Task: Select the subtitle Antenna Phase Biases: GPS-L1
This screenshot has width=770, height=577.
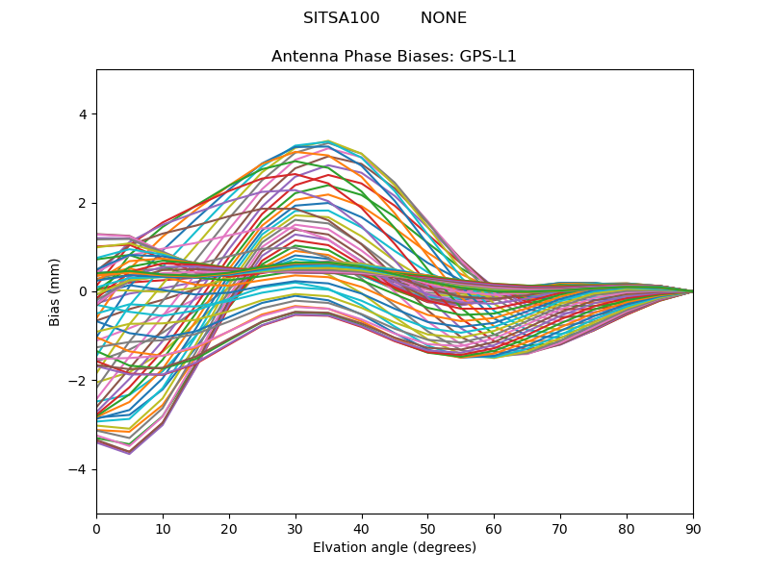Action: coord(394,57)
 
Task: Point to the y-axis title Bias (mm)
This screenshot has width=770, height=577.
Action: coord(56,291)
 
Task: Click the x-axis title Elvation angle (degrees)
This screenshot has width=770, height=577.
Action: coord(395,548)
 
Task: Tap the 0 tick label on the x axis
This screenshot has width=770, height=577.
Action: coord(96,528)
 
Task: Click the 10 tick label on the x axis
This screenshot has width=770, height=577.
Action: coord(163,528)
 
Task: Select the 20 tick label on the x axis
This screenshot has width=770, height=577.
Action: coord(229,528)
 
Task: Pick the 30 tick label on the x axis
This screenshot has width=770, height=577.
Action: coord(295,528)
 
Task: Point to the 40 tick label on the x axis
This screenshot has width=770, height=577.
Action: coord(362,528)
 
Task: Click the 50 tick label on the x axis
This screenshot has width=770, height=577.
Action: coord(427,528)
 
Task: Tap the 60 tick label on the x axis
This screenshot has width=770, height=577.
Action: coord(494,528)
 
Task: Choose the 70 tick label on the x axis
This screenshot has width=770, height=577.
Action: coord(560,528)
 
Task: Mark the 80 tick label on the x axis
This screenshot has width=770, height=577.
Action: coord(627,528)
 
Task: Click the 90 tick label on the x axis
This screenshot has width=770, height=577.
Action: coord(693,528)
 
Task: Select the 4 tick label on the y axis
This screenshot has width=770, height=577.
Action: coord(82,114)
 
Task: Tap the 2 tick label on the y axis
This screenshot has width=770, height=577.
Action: coord(82,203)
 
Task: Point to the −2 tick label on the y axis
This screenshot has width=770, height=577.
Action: coord(78,381)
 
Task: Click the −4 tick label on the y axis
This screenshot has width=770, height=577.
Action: coord(78,469)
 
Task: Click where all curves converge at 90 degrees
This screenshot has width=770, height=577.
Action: coord(692,291)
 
